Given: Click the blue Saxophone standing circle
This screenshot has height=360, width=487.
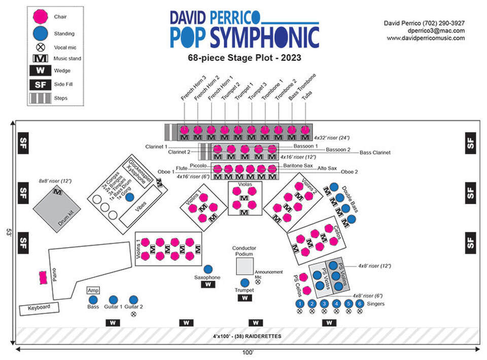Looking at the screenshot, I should pos(207,269).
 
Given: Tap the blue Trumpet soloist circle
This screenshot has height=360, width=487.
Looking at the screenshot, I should pos(245,282).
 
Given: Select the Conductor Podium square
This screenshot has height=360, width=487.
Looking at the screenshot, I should pos(245,265).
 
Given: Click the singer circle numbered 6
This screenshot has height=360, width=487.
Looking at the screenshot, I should pos(360,304).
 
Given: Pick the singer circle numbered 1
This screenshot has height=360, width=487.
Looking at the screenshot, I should pos(300,304).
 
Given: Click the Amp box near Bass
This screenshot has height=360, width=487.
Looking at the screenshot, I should pos(93,290).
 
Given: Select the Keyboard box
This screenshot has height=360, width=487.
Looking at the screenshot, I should pos(39,308).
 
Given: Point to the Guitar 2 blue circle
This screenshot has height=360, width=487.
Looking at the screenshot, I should pos(134,300).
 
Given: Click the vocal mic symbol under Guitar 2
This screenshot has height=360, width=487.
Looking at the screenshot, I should pos(134,314).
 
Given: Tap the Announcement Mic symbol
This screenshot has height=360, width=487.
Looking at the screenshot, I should pos(258,281).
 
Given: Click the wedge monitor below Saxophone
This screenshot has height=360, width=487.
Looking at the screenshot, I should pos(207,285).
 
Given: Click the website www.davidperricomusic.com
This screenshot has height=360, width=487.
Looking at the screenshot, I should pos(426,38).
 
